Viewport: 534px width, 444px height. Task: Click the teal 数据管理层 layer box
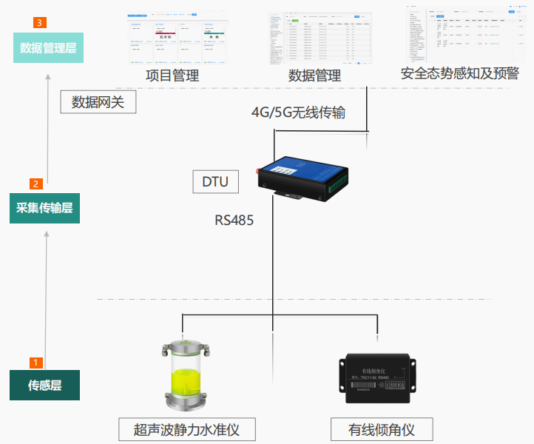click(x=47, y=49)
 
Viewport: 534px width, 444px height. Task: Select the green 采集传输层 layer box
click(x=44, y=208)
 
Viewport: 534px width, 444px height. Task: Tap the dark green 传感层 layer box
click(x=44, y=385)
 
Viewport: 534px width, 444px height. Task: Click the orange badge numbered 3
click(x=38, y=23)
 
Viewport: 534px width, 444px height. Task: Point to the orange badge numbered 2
click(x=35, y=184)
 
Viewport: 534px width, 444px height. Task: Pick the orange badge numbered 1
click(x=35, y=363)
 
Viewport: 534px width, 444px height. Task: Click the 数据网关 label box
click(x=98, y=102)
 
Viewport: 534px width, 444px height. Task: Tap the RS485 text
click(x=234, y=220)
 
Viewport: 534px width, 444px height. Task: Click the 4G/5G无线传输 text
click(x=299, y=112)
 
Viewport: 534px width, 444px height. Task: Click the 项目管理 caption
click(x=172, y=75)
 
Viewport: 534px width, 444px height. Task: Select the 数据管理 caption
click(x=314, y=75)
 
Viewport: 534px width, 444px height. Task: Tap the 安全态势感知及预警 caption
click(x=459, y=73)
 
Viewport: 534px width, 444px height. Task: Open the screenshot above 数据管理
click(x=320, y=38)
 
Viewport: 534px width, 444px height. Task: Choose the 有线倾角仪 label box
click(x=381, y=429)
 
